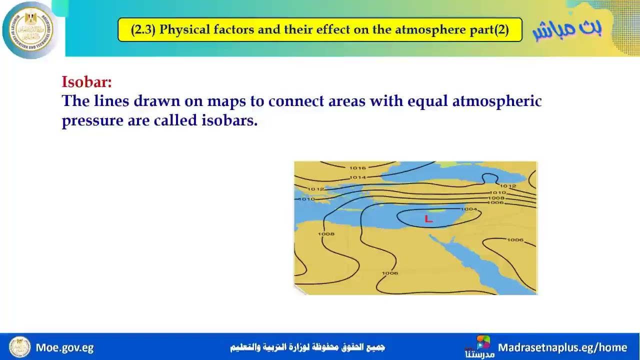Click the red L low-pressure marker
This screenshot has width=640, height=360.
pyautogui.click(x=428, y=219)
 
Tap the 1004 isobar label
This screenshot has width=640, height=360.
pyautogui.click(x=468, y=209)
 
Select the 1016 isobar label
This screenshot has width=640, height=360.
pyautogui.click(x=357, y=168)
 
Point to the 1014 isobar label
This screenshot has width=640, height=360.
pyautogui.click(x=357, y=177)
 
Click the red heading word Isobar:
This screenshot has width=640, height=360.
pyautogui.click(x=86, y=82)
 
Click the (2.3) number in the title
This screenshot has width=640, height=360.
pyautogui.click(x=143, y=29)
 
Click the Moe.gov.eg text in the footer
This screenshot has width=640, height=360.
pyautogui.click(x=64, y=347)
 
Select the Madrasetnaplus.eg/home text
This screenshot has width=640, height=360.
pyautogui.click(x=562, y=347)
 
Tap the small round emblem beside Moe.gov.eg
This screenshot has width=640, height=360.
pyautogui.click(x=19, y=347)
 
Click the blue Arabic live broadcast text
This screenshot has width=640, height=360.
pyautogui.click(x=567, y=28)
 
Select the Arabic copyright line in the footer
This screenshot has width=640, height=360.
pyautogui.click(x=307, y=347)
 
